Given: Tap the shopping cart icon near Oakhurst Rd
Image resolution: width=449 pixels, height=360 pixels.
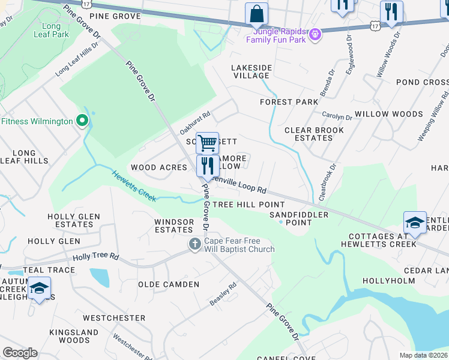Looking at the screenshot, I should pos(207,143).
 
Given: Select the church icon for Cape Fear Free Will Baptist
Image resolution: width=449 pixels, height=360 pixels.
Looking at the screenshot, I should pos(194,244).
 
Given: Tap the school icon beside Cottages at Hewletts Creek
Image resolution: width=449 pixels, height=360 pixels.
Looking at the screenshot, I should pos(415,223).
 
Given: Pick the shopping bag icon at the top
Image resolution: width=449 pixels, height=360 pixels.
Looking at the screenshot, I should pos(256,13).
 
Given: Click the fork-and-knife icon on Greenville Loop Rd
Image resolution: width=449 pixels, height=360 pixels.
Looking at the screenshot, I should pos(207,166).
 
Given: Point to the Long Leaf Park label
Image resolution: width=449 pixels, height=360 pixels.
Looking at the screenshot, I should pos(52,31).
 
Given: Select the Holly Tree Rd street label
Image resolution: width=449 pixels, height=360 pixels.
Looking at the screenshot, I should pos(96,257).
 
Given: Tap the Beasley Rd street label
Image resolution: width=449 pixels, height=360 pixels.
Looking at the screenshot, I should pos(223,295).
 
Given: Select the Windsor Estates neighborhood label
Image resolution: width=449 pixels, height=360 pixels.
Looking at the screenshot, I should pos(174,226).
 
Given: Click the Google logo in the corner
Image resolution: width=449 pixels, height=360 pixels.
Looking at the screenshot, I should pos(20,353).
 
